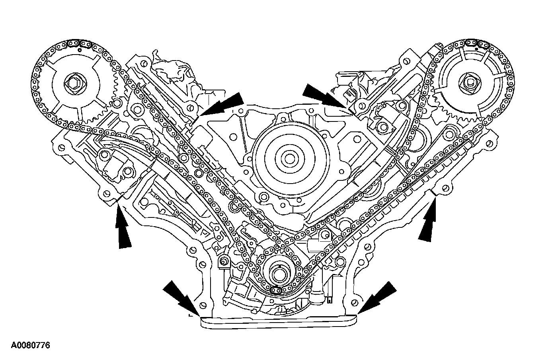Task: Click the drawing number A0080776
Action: tap(30, 345)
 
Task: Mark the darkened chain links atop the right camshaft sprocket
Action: tap(476, 41)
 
